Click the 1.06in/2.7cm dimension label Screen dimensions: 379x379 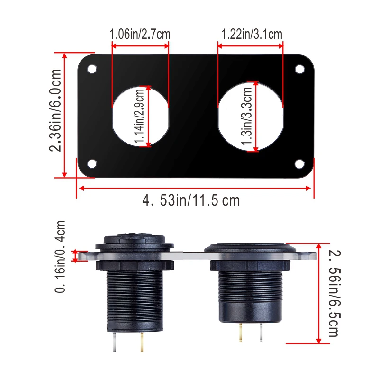click(x=140, y=34)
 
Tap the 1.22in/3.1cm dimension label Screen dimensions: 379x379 click(x=252, y=34)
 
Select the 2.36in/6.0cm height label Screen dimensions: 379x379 click(x=55, y=110)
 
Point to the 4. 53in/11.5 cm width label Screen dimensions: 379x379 click(x=191, y=200)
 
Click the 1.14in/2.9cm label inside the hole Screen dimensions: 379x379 click(x=139, y=116)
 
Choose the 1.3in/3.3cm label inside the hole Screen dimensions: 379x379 click(x=246, y=116)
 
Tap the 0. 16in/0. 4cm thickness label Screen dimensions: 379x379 click(x=60, y=256)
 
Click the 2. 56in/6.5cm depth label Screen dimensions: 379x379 click(x=334, y=293)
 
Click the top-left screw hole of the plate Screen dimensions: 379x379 click(x=91, y=69)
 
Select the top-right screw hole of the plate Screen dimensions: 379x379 click(x=300, y=69)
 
